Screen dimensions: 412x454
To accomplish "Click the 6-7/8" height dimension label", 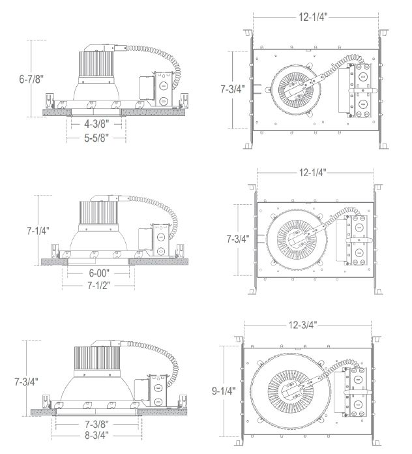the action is click(x=31, y=79).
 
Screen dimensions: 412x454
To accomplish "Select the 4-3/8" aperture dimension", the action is click(x=96, y=124).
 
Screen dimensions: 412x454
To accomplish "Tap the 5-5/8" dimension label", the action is click(x=96, y=138).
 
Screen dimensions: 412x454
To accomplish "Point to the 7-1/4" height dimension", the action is click(x=38, y=230).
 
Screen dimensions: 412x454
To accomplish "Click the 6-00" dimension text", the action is click(x=99, y=273).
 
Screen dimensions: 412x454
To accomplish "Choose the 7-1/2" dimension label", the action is click(x=99, y=286).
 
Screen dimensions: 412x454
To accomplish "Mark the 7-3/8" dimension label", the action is click(x=96, y=424).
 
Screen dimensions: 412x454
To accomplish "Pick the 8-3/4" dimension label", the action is click(x=96, y=435).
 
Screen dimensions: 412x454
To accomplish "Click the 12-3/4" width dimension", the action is click(x=302, y=325).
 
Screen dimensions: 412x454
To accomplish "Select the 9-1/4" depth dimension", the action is click(x=224, y=391).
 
